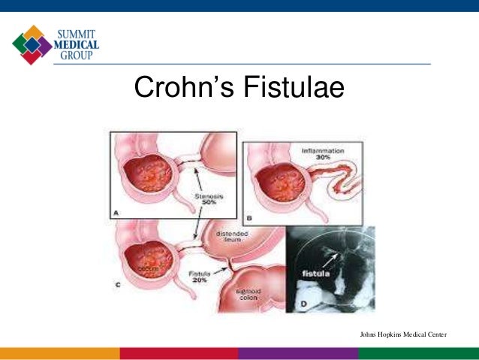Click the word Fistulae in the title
coord(293,89)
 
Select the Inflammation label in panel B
coord(323,151)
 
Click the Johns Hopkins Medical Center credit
coord(403,333)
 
